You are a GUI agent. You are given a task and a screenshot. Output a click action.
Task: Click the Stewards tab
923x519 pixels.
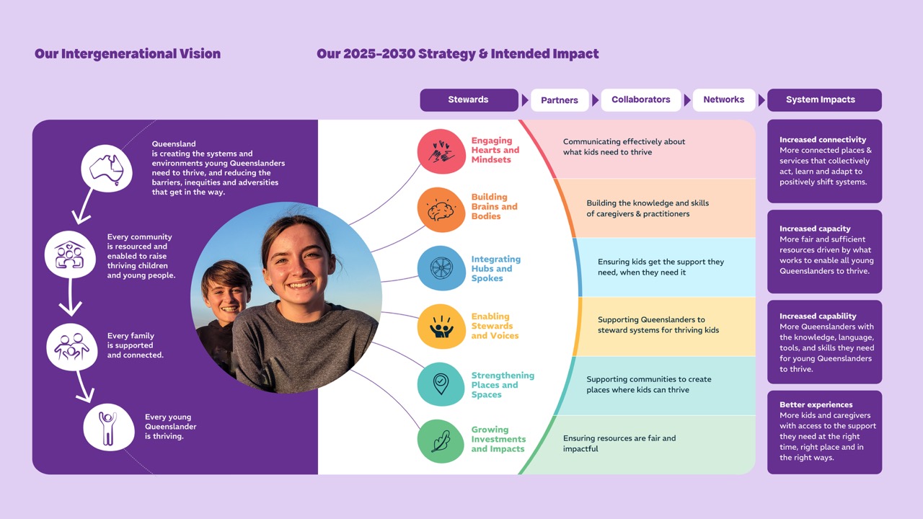pyautogui.click(x=469, y=99)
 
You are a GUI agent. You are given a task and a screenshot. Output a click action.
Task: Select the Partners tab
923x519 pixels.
pyautogui.click(x=560, y=100)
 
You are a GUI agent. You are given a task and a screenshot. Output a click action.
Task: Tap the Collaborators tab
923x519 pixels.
pyautogui.click(x=641, y=99)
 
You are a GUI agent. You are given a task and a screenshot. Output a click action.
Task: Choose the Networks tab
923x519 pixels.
pyautogui.click(x=724, y=99)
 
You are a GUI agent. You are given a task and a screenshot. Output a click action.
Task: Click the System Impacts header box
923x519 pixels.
pyautogui.click(x=824, y=99)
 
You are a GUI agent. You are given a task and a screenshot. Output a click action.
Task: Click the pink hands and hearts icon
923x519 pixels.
pyautogui.click(x=441, y=151)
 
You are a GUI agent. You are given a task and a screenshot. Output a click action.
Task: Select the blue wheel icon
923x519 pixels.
pyautogui.click(x=441, y=268)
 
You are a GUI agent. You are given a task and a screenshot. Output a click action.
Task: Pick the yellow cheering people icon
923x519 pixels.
pyautogui.click(x=441, y=327)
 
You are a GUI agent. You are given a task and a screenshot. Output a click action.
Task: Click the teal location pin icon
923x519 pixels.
pyautogui.click(x=441, y=384)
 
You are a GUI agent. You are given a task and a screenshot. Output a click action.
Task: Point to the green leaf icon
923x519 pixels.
pyautogui.click(x=441, y=441)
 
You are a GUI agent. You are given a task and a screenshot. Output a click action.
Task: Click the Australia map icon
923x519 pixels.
pyautogui.click(x=106, y=169)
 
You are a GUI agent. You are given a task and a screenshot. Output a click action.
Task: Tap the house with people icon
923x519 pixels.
pyautogui.click(x=70, y=254)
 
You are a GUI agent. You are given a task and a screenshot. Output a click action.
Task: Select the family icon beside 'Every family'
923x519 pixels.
pyautogui.click(x=72, y=347)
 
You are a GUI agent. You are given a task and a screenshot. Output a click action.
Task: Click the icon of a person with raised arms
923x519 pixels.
pyautogui.click(x=108, y=427)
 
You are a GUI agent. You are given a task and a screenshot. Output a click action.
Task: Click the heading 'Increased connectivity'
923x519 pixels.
pyautogui.click(x=823, y=140)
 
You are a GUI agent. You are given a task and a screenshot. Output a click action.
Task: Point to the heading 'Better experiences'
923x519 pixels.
pyautogui.click(x=816, y=404)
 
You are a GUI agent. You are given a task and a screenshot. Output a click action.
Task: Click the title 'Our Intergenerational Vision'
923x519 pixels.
pyautogui.click(x=128, y=53)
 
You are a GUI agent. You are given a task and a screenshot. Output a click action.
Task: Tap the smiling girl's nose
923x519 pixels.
pyautogui.click(x=298, y=270)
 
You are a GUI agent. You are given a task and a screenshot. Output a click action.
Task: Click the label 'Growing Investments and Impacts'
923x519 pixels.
pyautogui.click(x=498, y=439)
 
